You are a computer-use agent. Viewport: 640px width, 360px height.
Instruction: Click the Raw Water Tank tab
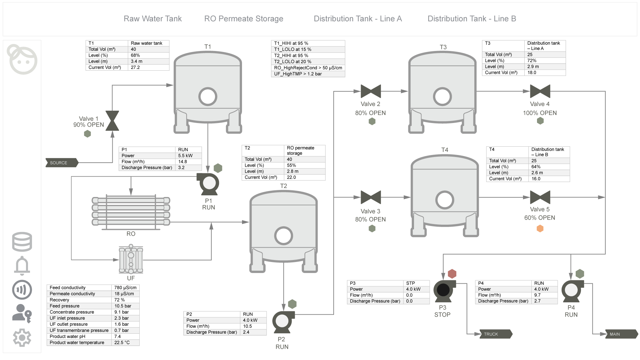153,19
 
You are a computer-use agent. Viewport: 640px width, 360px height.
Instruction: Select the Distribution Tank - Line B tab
472,19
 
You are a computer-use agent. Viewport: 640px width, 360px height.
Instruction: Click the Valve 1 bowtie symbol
112,121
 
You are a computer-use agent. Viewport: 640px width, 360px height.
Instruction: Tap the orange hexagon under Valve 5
540,229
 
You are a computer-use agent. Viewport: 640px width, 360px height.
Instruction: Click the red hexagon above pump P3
452,274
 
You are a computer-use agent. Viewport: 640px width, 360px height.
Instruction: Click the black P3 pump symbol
443,290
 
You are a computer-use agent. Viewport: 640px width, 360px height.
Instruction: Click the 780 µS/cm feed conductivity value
125,288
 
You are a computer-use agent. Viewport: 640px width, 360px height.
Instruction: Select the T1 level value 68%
135,55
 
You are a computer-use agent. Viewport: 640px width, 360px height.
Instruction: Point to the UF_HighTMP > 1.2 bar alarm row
308,74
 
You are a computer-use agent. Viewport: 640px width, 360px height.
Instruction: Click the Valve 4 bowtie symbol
540,91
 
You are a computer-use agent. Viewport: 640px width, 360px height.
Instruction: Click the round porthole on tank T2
283,236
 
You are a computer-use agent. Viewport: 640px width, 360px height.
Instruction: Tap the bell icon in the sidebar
22,266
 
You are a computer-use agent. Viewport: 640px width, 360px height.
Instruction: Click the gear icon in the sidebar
22,338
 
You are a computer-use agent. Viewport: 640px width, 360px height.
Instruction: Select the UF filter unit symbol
131,260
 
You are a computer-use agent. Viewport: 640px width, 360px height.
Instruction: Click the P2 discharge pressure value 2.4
246,332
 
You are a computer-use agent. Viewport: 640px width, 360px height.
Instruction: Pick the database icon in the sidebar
22,242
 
